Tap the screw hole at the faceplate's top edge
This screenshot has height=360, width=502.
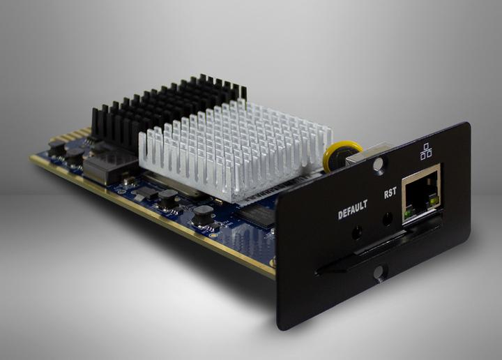pyautogui.click(x=377, y=165)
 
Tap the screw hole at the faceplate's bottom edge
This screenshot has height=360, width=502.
pyautogui.click(x=379, y=273)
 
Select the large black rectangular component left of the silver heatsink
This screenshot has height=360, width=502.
pyautogui.click(x=108, y=166)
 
